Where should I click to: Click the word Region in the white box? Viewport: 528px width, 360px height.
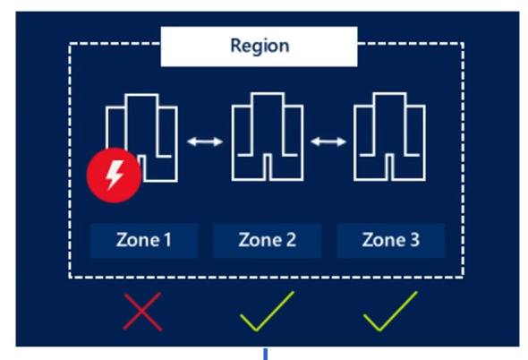pyautogui.click(x=260, y=46)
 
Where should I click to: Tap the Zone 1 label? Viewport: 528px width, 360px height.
pyautogui.click(x=144, y=240)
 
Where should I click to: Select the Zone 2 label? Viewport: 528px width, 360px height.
pyautogui.click(x=268, y=240)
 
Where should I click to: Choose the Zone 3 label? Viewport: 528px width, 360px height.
pyautogui.click(x=390, y=240)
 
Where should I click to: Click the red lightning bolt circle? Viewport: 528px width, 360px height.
pyautogui.click(x=114, y=175)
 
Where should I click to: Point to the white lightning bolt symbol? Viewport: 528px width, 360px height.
pyautogui.click(x=115, y=175)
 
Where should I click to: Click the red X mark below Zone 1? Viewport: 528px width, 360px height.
pyautogui.click(x=142, y=312)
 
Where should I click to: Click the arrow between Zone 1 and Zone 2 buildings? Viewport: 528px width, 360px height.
pyautogui.click(x=205, y=141)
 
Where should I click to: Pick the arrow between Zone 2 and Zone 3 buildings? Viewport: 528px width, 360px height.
pyautogui.click(x=328, y=141)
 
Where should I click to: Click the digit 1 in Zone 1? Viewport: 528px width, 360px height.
pyautogui.click(x=167, y=240)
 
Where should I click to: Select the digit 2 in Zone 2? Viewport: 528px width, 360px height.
pyautogui.click(x=291, y=240)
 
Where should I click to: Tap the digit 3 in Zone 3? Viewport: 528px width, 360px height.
pyautogui.click(x=414, y=240)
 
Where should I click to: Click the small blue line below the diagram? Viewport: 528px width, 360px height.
pyautogui.click(x=266, y=355)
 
